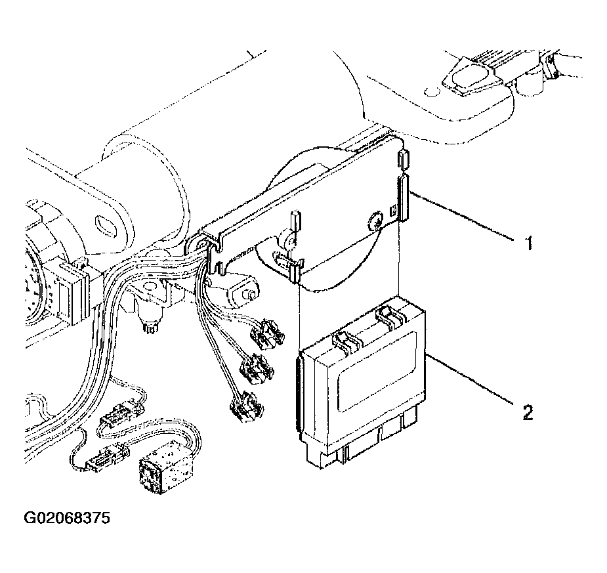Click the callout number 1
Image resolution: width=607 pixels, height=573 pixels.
(526, 244)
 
